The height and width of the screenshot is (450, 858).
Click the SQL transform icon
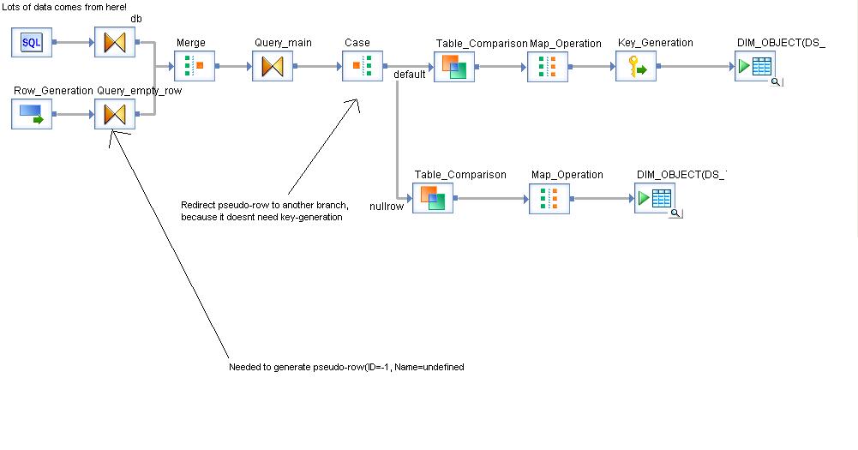coord(32,43)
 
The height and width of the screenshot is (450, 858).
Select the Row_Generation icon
coord(32,114)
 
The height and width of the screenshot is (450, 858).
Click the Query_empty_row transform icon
coord(115,114)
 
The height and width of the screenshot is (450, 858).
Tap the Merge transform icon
coord(194,66)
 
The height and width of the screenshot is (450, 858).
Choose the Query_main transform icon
coord(273,66)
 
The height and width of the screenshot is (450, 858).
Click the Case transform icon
coord(362,66)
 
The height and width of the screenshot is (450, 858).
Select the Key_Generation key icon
coord(636,66)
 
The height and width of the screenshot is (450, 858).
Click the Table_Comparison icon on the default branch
coord(454,66)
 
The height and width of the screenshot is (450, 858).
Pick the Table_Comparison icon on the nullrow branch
coord(433,198)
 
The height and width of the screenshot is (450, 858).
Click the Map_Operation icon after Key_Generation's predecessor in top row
coord(548,66)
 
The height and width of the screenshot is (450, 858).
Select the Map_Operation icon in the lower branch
coord(549,198)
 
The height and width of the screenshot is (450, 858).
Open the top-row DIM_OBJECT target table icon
coord(755,66)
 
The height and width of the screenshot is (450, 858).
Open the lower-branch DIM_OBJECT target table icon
coord(655,198)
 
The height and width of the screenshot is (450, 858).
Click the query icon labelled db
coord(115,43)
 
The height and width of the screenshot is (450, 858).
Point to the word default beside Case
coord(410,75)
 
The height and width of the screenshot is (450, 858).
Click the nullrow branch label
coord(387,207)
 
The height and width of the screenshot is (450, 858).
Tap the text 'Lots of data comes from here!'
coord(65,7)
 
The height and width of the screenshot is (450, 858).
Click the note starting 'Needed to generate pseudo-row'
coord(346,367)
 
